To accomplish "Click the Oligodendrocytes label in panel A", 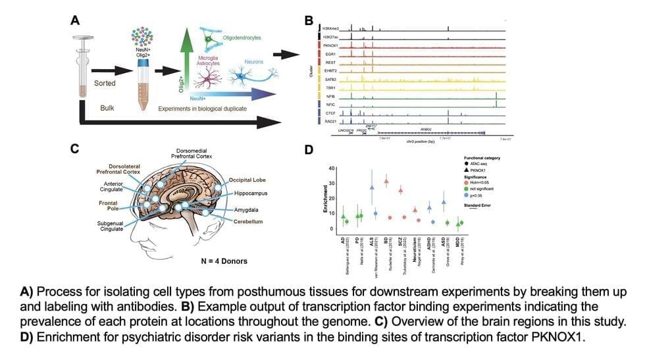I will click(240, 38).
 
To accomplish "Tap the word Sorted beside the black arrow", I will click(104, 84).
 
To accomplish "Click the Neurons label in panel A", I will click(253, 62).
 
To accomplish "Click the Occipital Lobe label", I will click(247, 180).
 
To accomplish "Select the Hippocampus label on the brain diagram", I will click(253, 195).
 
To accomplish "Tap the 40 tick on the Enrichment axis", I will click(332, 168).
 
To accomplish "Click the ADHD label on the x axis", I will click(428, 243).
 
